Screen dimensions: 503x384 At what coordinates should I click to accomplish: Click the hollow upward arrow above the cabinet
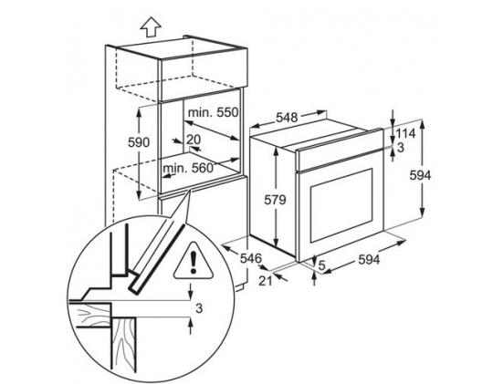[x=151, y=27]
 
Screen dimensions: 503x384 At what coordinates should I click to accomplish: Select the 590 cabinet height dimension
[x=139, y=142]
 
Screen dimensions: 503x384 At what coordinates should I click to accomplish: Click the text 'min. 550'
[x=214, y=112]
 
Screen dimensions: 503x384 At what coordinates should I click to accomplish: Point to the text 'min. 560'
[x=188, y=168]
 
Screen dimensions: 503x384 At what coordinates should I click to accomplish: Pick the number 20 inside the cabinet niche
[x=194, y=140]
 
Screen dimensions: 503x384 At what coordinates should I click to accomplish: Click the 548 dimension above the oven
[x=288, y=118]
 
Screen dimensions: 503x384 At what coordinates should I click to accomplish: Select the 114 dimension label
[x=405, y=133]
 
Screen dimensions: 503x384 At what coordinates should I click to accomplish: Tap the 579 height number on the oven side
[x=275, y=200]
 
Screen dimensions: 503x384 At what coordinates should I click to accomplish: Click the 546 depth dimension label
[x=251, y=258]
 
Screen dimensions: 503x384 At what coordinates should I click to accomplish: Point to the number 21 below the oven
[x=266, y=281]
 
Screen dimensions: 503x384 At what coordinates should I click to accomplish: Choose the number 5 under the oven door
[x=322, y=265]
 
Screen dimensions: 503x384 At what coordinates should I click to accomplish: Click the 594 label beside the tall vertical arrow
[x=421, y=175]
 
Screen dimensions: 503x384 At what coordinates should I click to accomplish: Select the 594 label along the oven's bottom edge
[x=369, y=260]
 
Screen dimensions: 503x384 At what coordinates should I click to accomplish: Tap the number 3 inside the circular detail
[x=199, y=308]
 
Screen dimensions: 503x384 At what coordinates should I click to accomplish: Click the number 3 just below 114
[x=401, y=148]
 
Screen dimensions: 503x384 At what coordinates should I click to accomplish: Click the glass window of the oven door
[x=341, y=205]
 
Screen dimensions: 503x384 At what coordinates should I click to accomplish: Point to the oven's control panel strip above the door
[x=340, y=149]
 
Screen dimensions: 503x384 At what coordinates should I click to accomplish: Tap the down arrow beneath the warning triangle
[x=191, y=292]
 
